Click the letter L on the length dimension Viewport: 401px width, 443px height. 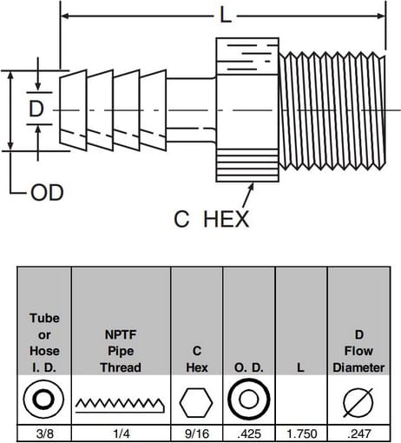[x=226, y=16]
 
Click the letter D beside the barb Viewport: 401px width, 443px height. [x=36, y=109]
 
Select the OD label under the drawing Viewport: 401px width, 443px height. [x=47, y=193]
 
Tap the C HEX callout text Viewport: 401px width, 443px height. [x=211, y=219]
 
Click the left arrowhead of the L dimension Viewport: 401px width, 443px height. [x=65, y=16]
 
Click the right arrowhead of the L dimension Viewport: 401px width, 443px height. [x=381, y=16]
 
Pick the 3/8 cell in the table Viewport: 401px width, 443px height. [x=45, y=433]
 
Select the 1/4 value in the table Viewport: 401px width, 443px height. [x=122, y=433]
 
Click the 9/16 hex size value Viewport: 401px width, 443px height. [x=197, y=433]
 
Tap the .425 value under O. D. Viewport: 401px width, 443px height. [x=249, y=433]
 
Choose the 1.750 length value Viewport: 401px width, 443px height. [x=301, y=433]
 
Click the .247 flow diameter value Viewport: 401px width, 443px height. [x=359, y=433]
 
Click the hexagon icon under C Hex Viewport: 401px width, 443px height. [x=196, y=403]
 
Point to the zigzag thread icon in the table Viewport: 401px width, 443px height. [x=120, y=405]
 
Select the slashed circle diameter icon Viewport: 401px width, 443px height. [x=358, y=403]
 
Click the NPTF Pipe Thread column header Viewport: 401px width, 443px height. [x=121, y=351]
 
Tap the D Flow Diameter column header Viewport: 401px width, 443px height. [x=358, y=351]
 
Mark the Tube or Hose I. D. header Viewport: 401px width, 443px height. [x=44, y=343]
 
